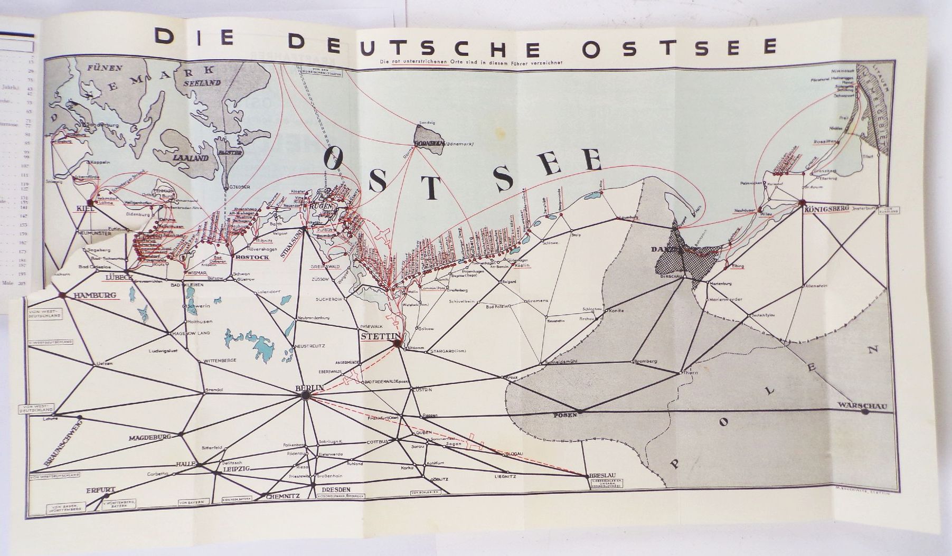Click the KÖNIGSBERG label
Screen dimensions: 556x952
coord(825,209)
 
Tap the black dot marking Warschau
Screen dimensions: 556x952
coord(864,412)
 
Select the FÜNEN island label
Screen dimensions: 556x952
coord(105,68)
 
